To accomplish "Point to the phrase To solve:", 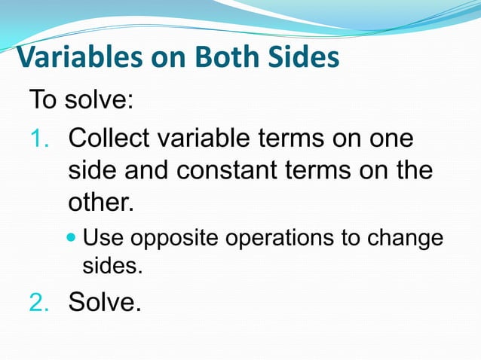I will point(81,99).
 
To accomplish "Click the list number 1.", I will point(38,139).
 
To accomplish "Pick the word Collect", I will point(107,139).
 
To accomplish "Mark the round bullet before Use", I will point(72,239).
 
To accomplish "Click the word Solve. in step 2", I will point(105,302).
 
